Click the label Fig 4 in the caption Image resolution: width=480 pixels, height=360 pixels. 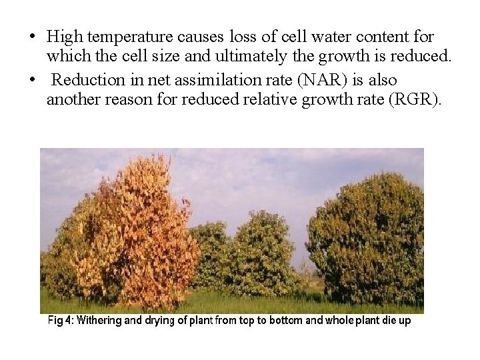[60, 321]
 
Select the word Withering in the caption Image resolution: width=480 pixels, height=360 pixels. [99, 321]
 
